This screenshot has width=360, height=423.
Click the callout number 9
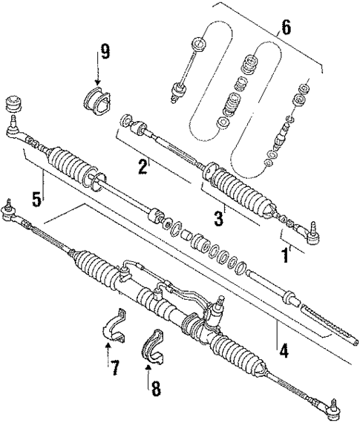(x=105, y=52)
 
